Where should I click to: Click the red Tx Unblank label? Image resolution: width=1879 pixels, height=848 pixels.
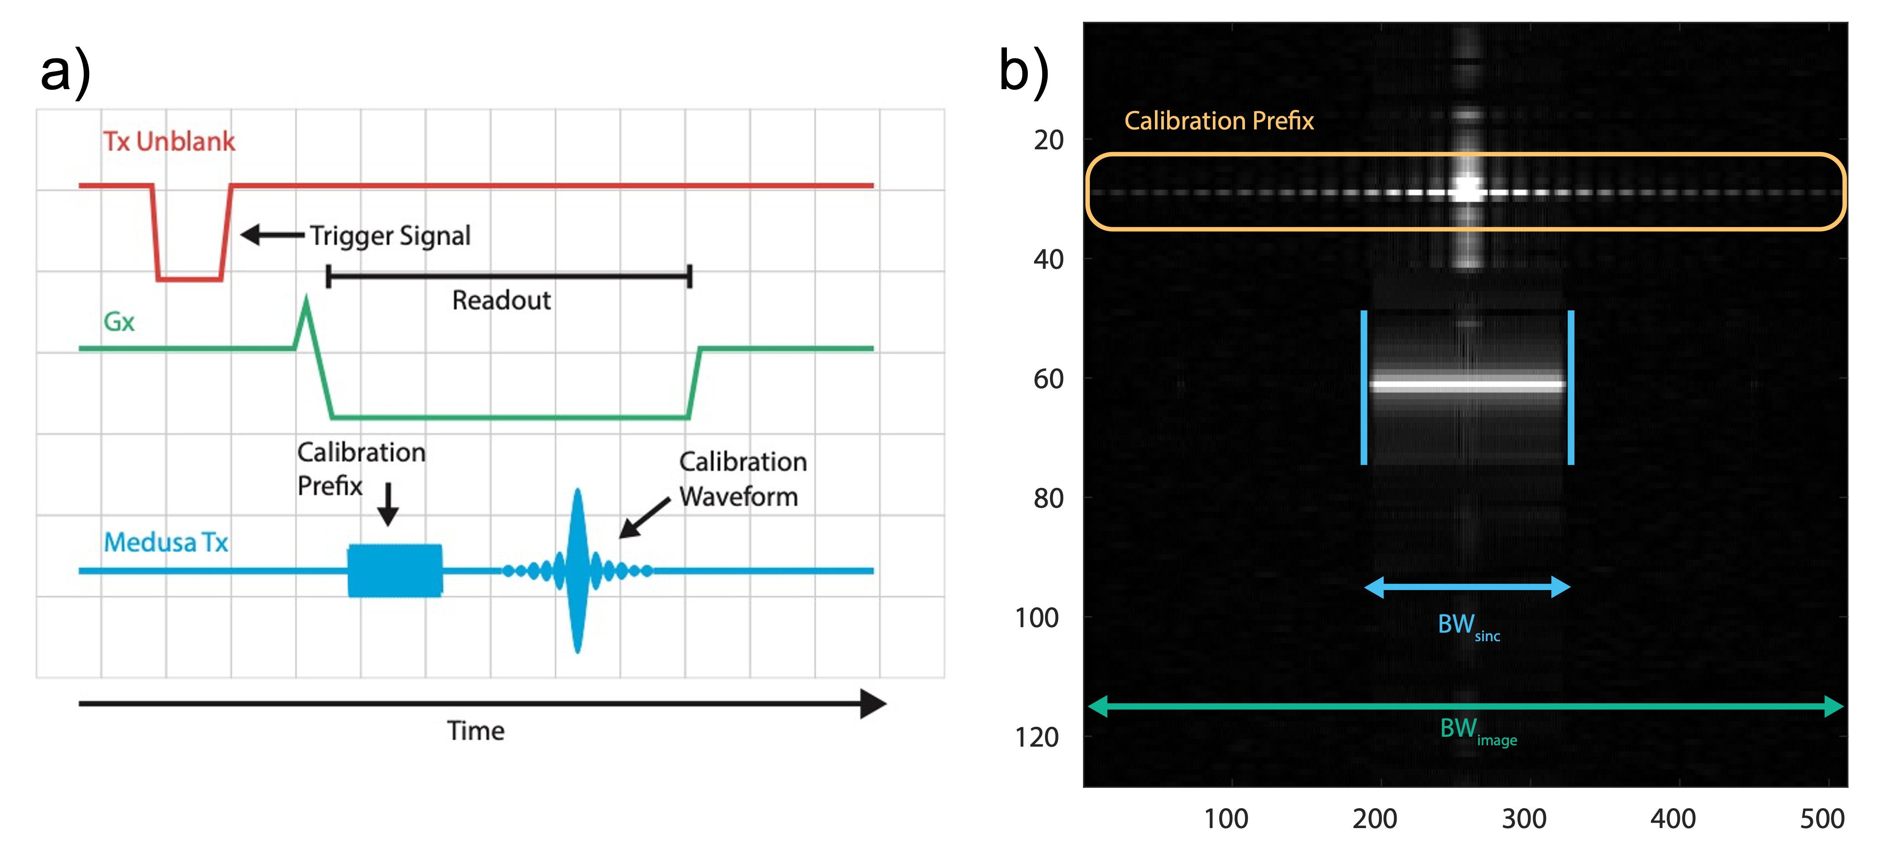[168, 141]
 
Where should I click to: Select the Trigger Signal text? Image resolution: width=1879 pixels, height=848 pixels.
[390, 235]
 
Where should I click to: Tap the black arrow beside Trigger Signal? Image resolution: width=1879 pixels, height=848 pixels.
[272, 235]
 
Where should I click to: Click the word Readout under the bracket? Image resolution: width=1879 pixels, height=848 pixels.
[501, 300]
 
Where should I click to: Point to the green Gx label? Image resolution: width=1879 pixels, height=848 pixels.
[119, 322]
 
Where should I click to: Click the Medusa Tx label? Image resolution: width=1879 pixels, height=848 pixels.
[166, 542]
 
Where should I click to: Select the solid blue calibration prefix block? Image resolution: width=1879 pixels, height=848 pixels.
[395, 570]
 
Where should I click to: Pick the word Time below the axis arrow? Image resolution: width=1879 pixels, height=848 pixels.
[476, 730]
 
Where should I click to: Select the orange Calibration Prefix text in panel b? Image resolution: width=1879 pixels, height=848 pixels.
[1218, 120]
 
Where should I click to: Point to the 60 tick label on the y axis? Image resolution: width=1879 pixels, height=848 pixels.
[1048, 378]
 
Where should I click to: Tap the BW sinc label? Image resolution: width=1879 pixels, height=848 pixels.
[1468, 626]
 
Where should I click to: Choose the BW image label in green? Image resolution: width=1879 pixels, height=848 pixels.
[1477, 729]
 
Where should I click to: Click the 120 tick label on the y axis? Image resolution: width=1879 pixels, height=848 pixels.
[1036, 737]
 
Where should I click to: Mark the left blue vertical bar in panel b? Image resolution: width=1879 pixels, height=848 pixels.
[1363, 387]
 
